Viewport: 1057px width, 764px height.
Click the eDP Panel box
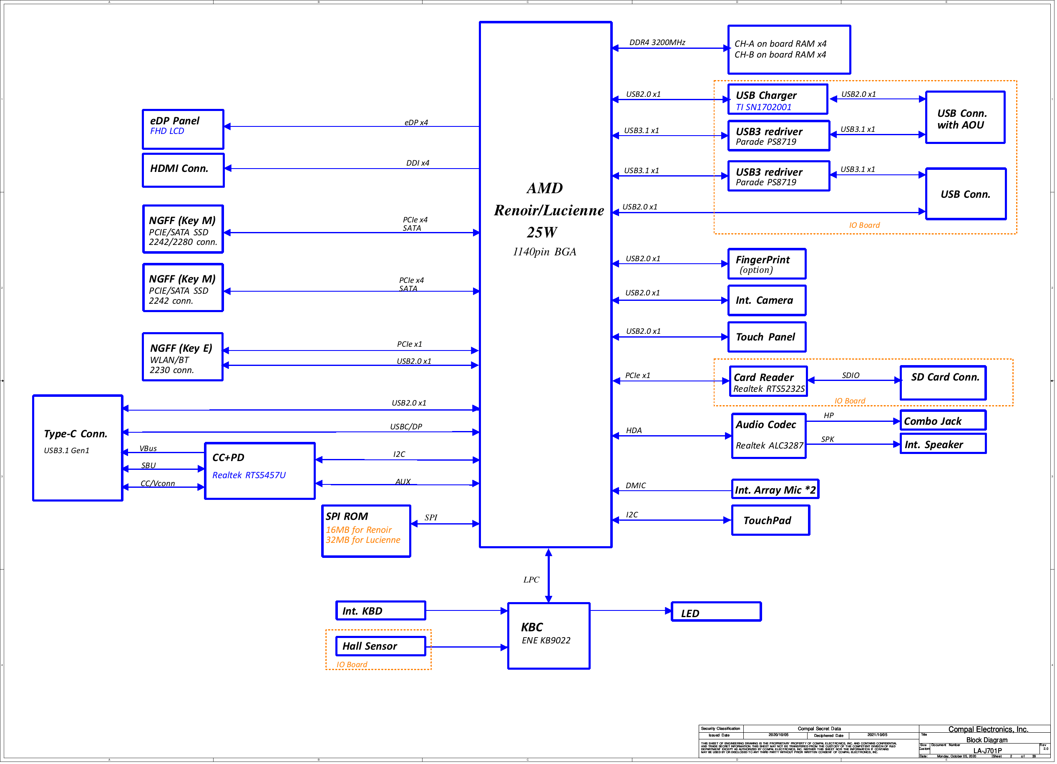(183, 129)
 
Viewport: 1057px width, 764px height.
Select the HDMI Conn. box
(183, 170)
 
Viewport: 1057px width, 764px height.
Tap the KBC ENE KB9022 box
(549, 636)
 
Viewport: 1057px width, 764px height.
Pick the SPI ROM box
(366, 530)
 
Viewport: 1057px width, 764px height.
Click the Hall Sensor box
(380, 646)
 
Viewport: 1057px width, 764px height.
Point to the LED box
(715, 612)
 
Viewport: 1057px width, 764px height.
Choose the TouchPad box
(770, 520)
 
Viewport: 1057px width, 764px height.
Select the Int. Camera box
(767, 300)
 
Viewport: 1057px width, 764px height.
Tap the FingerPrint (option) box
(767, 264)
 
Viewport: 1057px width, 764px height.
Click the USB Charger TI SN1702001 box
(778, 99)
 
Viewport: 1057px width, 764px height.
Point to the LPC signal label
(531, 580)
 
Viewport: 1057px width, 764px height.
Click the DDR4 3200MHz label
(657, 43)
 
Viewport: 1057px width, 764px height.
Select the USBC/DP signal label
(405, 426)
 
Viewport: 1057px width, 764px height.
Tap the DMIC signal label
(635, 485)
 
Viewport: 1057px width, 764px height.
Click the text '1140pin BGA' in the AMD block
(544, 252)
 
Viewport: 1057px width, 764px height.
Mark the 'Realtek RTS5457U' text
(249, 475)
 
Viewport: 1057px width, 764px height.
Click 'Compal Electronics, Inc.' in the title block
(988, 729)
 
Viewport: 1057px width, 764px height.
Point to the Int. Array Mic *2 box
(775, 489)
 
